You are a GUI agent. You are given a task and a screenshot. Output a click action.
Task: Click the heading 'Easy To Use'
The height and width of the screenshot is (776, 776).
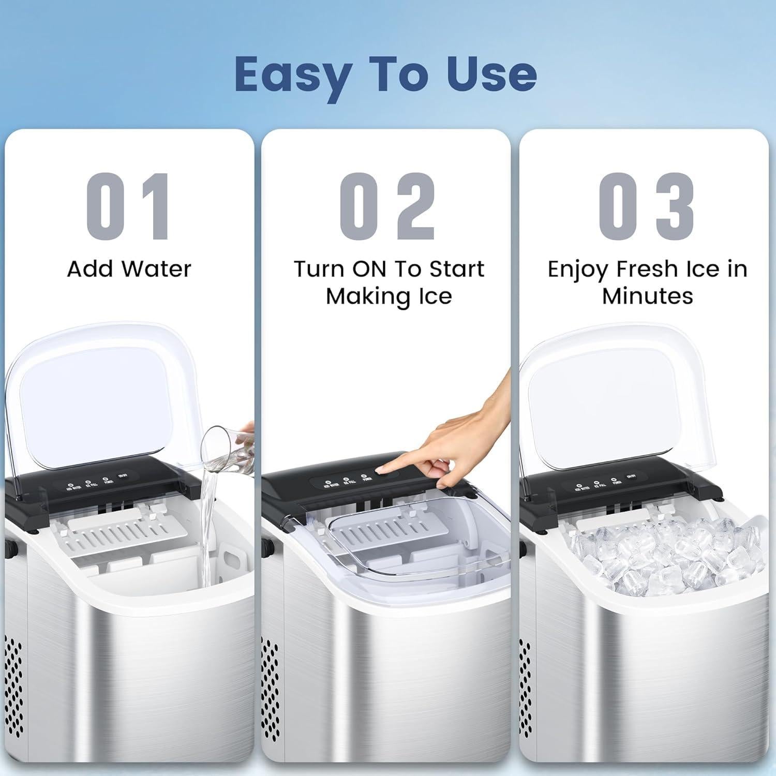[385, 74]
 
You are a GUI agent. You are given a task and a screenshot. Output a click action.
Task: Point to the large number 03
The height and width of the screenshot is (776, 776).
[646, 207]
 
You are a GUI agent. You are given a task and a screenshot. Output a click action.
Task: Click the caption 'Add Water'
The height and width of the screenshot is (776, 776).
[129, 269]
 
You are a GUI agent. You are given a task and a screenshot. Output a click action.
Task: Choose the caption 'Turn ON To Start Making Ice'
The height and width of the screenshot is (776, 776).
[389, 282]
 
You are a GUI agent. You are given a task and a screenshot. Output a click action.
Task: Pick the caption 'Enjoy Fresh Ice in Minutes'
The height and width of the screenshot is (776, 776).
[647, 282]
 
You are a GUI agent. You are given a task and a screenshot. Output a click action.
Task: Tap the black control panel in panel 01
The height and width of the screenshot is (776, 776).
[103, 484]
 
